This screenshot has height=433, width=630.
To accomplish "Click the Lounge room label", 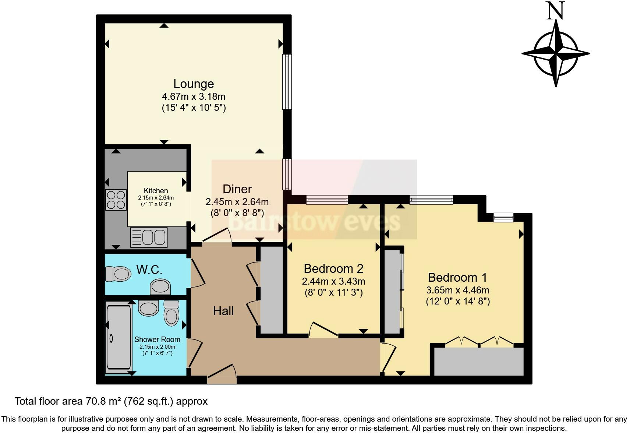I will coord(194,84).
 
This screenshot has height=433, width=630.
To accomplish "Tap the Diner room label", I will coord(237,189).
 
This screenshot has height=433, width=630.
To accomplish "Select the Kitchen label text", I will coord(156,191).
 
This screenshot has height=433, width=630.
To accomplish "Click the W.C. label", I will coord(149,270).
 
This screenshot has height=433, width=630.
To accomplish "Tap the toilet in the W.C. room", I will coord(118,274).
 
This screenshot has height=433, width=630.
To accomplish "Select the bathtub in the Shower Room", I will coord(118,337).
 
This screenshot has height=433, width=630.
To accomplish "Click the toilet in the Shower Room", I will coord(171,313).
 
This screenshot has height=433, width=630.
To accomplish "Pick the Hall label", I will coord(223,311).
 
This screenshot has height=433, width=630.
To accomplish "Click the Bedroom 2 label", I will coord(333,269).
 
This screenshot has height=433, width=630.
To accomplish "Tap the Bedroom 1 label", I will coord(457,277).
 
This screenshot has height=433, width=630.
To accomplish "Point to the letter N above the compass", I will coord(556,11).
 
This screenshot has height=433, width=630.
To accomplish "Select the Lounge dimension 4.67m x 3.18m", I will coord(194,97).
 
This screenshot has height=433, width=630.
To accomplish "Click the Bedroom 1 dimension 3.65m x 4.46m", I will coord(458,290).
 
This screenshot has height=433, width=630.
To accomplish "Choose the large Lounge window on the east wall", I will coord(287,82).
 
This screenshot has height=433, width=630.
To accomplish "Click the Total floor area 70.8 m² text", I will coord(111,401).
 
